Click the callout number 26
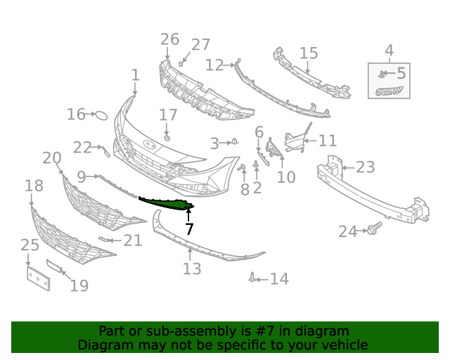pyautogui.click(x=169, y=39)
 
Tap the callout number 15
pyautogui.click(x=309, y=53)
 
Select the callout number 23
pyautogui.click(x=365, y=167)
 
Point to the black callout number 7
pyautogui.click(x=189, y=229)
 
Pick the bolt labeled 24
pyautogui.click(x=373, y=230)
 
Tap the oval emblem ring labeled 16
pyautogui.click(x=101, y=114)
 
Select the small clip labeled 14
pyautogui.click(x=252, y=278)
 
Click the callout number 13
pyautogui.click(x=192, y=269)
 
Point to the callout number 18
pyautogui.click(x=34, y=186)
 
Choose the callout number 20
pyautogui.click(x=51, y=158)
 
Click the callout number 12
pyautogui.click(x=214, y=65)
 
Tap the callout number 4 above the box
pyautogui.click(x=389, y=50)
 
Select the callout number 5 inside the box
pyautogui.click(x=401, y=72)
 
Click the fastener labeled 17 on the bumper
pyautogui.click(x=167, y=137)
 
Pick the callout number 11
pyautogui.click(x=328, y=141)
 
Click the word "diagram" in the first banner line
pyautogui.click(x=324, y=331)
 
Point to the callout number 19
pyautogui.click(x=79, y=285)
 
